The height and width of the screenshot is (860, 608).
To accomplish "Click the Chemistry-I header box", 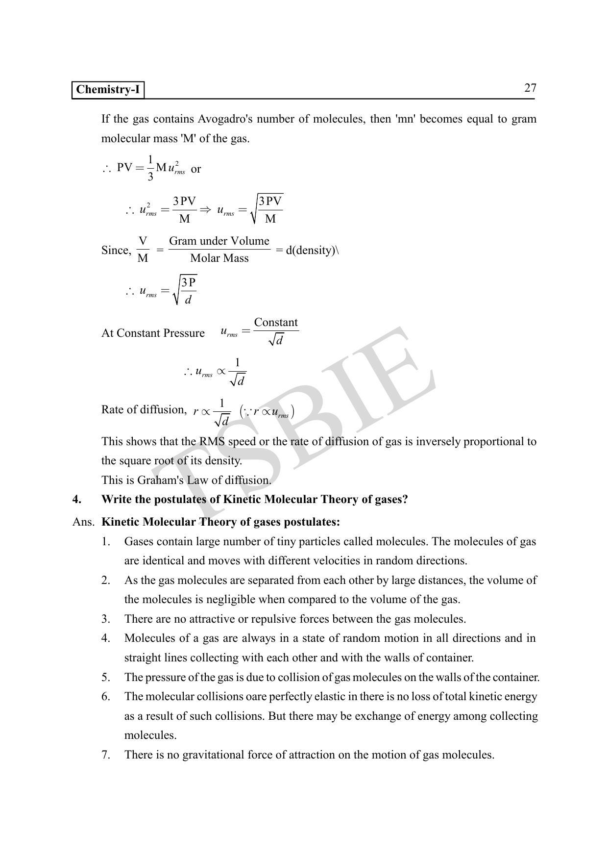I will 108,90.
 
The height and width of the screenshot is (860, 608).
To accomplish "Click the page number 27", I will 530,88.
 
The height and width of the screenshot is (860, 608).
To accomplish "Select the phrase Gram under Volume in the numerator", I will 219,241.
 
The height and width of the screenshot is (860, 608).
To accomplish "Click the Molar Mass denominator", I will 219,258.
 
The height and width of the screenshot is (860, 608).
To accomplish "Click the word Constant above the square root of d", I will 276,323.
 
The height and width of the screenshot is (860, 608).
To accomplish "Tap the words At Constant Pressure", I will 153,333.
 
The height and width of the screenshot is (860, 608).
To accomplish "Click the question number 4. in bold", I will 77,500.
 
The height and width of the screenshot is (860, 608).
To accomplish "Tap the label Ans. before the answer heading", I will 83,522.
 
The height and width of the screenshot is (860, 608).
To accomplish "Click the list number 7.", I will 106,755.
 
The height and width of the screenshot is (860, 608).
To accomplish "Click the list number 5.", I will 106,678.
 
